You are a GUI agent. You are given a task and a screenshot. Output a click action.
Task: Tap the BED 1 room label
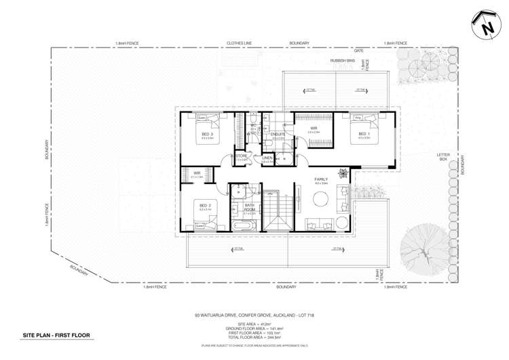(x=364, y=134)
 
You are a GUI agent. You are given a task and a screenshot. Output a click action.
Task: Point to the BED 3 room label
(x=207, y=134)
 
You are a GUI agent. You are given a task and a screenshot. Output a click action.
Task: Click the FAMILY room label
(x=321, y=179)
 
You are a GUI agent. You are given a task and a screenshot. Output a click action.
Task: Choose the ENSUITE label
(x=278, y=134)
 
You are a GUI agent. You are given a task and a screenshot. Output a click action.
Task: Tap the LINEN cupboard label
(x=267, y=158)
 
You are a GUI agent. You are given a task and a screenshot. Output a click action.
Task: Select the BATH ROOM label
(x=249, y=207)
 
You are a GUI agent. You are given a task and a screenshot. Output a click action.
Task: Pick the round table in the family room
(x=321, y=199)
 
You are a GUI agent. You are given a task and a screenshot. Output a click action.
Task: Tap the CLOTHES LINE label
(x=239, y=43)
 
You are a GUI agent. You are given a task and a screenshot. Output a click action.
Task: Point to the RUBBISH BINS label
(x=343, y=60)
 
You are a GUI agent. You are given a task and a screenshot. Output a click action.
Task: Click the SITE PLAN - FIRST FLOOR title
(x=56, y=336)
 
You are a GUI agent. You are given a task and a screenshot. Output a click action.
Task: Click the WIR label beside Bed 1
(x=314, y=128)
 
